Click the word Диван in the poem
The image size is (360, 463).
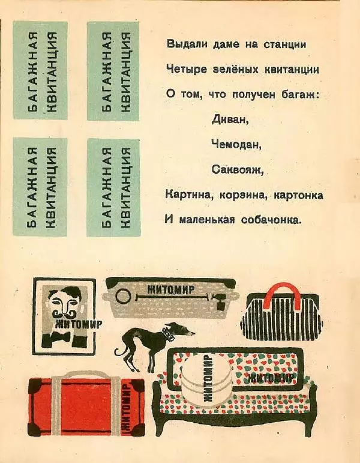[x=230, y=119]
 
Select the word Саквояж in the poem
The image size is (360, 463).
[x=238, y=170]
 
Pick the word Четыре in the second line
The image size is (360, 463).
[x=184, y=69]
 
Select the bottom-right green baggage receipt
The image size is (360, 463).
[x=113, y=187]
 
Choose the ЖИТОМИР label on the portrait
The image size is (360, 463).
[x=77, y=324]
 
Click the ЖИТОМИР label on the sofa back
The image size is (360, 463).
[x=270, y=378]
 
